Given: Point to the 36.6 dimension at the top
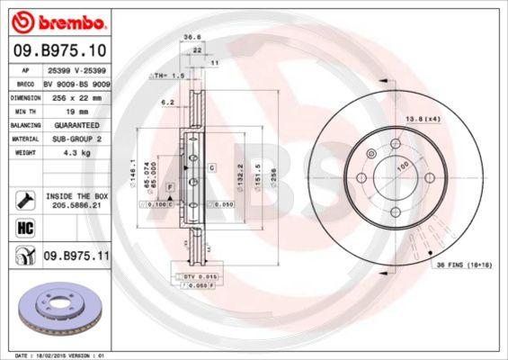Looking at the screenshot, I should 191,38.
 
